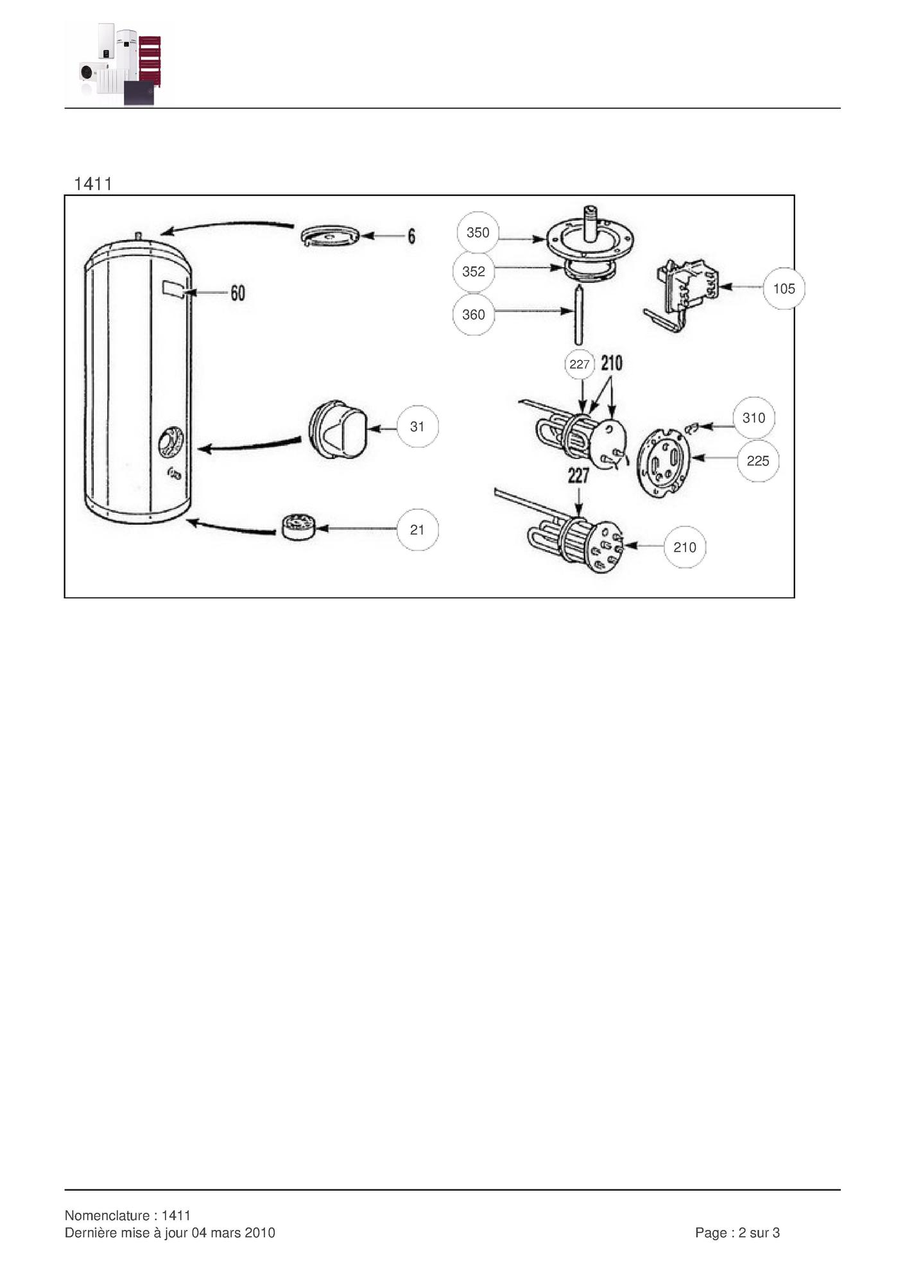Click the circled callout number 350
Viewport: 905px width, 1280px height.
coord(478,232)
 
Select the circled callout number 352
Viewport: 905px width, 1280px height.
coord(474,272)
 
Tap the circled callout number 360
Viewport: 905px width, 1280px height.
coord(474,315)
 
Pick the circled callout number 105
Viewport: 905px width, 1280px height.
coord(784,289)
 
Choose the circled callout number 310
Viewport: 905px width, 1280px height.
coord(754,418)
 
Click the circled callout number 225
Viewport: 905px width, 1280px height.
coord(758,461)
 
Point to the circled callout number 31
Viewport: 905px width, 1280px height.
coord(417,426)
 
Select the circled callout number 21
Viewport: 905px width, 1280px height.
coord(417,530)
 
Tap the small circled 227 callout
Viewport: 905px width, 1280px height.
coord(580,365)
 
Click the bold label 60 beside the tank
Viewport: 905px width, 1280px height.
coord(237,293)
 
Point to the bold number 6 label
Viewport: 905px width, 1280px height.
coord(411,236)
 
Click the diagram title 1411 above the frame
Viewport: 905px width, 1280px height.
coord(93,184)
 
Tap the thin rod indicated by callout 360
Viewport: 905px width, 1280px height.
coord(579,316)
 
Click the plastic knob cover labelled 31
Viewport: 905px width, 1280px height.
coord(338,429)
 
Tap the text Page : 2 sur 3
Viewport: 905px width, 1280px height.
coord(737,1232)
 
